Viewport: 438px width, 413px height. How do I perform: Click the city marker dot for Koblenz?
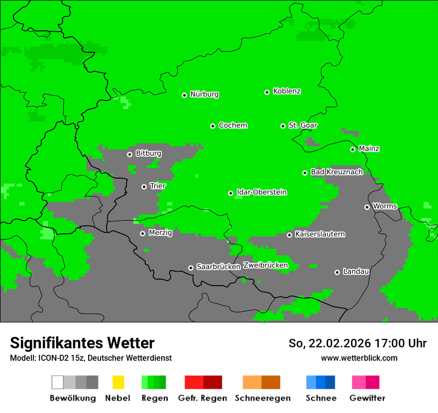click(x=267, y=92)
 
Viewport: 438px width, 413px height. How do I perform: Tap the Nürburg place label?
click(x=204, y=94)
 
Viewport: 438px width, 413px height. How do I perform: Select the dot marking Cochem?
click(x=213, y=126)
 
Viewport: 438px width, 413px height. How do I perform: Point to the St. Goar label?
click(x=303, y=125)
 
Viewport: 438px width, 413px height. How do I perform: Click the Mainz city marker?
click(x=352, y=149)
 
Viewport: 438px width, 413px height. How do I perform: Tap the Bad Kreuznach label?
click(x=336, y=172)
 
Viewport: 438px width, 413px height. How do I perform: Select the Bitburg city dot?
click(x=129, y=154)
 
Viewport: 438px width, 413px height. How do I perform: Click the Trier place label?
click(x=157, y=186)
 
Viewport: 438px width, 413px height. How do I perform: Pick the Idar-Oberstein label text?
click(x=261, y=192)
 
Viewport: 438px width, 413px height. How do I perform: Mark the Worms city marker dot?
click(x=367, y=207)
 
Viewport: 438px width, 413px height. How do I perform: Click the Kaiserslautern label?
click(x=320, y=234)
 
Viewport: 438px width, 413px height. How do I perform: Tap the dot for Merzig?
click(x=142, y=233)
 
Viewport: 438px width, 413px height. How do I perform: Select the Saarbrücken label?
click(x=218, y=267)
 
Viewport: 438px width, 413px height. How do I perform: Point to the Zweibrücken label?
click(x=265, y=265)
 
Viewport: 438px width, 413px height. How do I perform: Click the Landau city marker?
click(x=337, y=272)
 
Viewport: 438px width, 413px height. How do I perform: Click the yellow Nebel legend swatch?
click(x=118, y=382)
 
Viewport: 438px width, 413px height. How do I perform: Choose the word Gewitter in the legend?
click(x=367, y=398)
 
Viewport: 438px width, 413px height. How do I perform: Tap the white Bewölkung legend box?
click(x=58, y=382)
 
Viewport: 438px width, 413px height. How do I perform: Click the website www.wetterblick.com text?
click(x=359, y=358)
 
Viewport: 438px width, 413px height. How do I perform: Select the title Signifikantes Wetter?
click(x=82, y=343)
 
